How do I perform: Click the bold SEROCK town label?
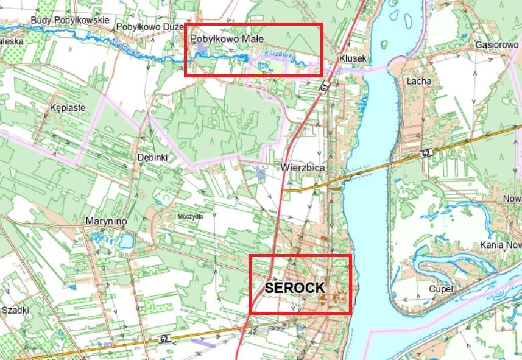(x=295, y=288)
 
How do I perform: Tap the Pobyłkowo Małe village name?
(x=227, y=39)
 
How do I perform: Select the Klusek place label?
(x=353, y=58)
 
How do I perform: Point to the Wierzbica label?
(x=303, y=167)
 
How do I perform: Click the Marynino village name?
(x=105, y=221)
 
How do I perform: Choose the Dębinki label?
(x=152, y=157)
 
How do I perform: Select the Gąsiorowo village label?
(x=496, y=45)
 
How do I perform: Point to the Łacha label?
(x=419, y=80)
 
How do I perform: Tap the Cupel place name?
(x=441, y=289)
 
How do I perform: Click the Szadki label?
(x=15, y=310)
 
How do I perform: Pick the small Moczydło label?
(x=190, y=216)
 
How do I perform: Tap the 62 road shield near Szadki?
(x=163, y=339)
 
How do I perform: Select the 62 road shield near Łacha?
(x=426, y=152)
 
